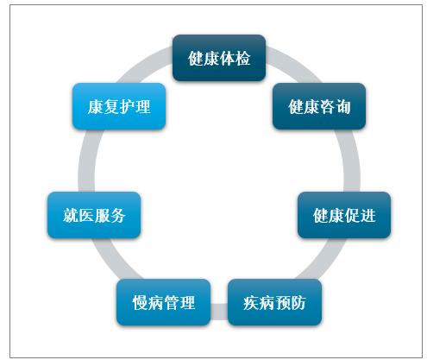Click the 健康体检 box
coord(219,58)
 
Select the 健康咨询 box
coord(319,106)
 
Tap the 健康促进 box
coord(344,215)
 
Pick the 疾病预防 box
coord(274,302)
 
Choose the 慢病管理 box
coord(163,302)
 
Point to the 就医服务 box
coord(94,215)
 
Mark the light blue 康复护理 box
coord(119,106)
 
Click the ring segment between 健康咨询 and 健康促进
coord(350,161)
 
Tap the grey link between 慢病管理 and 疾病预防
coord(219,312)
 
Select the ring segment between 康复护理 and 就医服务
coord(87,161)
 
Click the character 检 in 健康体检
coord(242,58)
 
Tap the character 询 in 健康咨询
coord(343,107)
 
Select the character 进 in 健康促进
coord(368,215)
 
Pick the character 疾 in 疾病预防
coord(251,303)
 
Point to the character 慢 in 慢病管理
coord(140,303)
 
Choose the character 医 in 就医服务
coord(86,215)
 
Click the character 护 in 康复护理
coord(127,107)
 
